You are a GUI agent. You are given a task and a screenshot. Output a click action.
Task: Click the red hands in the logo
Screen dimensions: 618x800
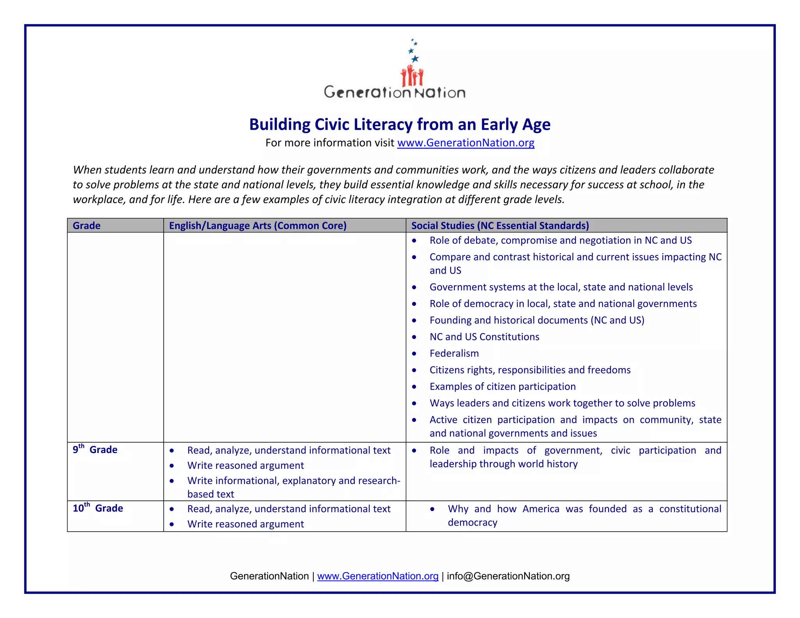(x=412, y=76)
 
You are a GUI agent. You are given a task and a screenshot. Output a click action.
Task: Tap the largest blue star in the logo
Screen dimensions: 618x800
(x=415, y=59)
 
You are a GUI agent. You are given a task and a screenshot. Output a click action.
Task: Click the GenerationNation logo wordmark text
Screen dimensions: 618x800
(x=395, y=93)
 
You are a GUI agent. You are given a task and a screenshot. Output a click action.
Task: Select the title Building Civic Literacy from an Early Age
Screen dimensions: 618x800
(x=400, y=125)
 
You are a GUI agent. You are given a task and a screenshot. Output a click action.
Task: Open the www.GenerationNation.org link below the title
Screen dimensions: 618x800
(x=466, y=143)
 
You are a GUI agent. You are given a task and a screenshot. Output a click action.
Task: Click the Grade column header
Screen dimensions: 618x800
(x=87, y=226)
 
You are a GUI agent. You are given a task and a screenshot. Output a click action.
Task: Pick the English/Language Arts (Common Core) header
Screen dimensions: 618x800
(x=257, y=226)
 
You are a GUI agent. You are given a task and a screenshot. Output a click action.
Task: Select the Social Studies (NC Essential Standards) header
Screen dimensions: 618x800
(x=500, y=226)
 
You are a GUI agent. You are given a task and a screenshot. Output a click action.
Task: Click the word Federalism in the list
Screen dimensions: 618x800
(x=454, y=354)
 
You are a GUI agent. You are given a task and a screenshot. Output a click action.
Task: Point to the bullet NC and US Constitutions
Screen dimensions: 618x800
(x=484, y=337)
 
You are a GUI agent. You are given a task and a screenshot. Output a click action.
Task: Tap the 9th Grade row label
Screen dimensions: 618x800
(x=95, y=450)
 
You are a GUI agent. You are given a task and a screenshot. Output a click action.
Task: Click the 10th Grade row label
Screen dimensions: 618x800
(x=98, y=508)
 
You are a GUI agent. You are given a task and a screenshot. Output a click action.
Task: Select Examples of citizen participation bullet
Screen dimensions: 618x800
(x=502, y=387)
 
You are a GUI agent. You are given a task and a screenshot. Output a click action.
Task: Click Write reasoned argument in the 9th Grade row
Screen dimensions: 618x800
(x=245, y=466)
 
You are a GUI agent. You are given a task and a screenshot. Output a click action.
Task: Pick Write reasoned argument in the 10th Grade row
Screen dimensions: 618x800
(x=245, y=524)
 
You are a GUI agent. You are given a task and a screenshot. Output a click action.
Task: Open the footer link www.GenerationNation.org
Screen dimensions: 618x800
(x=378, y=576)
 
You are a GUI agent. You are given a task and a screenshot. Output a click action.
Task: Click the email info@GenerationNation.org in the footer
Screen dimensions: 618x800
(x=508, y=576)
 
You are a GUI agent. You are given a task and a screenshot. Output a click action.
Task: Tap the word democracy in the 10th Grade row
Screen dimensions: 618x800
(x=472, y=523)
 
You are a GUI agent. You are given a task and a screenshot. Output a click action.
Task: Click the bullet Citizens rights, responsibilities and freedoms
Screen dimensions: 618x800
(x=530, y=370)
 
